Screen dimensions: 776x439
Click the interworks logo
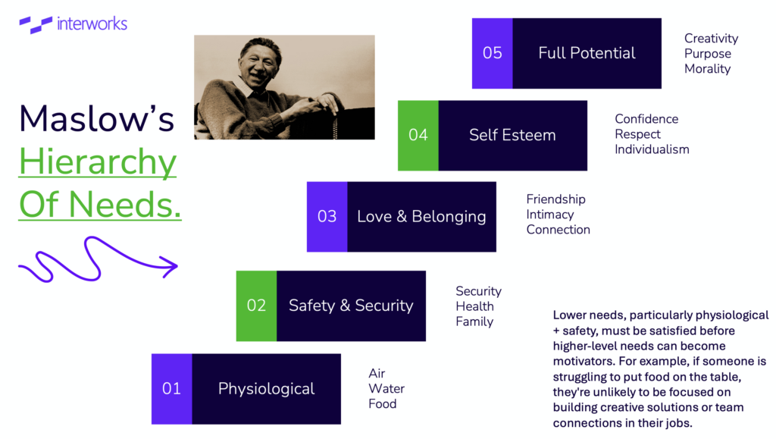74,24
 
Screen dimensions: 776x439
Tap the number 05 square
493,53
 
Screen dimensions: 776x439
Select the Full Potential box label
587,53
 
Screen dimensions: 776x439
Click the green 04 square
418,136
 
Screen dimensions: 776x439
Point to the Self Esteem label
512,135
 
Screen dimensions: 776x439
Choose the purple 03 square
327,217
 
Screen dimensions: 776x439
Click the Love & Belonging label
421,217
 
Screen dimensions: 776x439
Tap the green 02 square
256,306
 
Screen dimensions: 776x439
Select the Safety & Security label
351,306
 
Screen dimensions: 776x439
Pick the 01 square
172,389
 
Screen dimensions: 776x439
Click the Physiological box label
266,389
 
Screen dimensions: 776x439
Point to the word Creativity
711,39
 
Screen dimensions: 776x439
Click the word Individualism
652,149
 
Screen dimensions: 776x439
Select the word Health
474,306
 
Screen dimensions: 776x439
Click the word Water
386,388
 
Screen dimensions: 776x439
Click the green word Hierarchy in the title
98,163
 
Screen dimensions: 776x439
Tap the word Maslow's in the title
96,119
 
